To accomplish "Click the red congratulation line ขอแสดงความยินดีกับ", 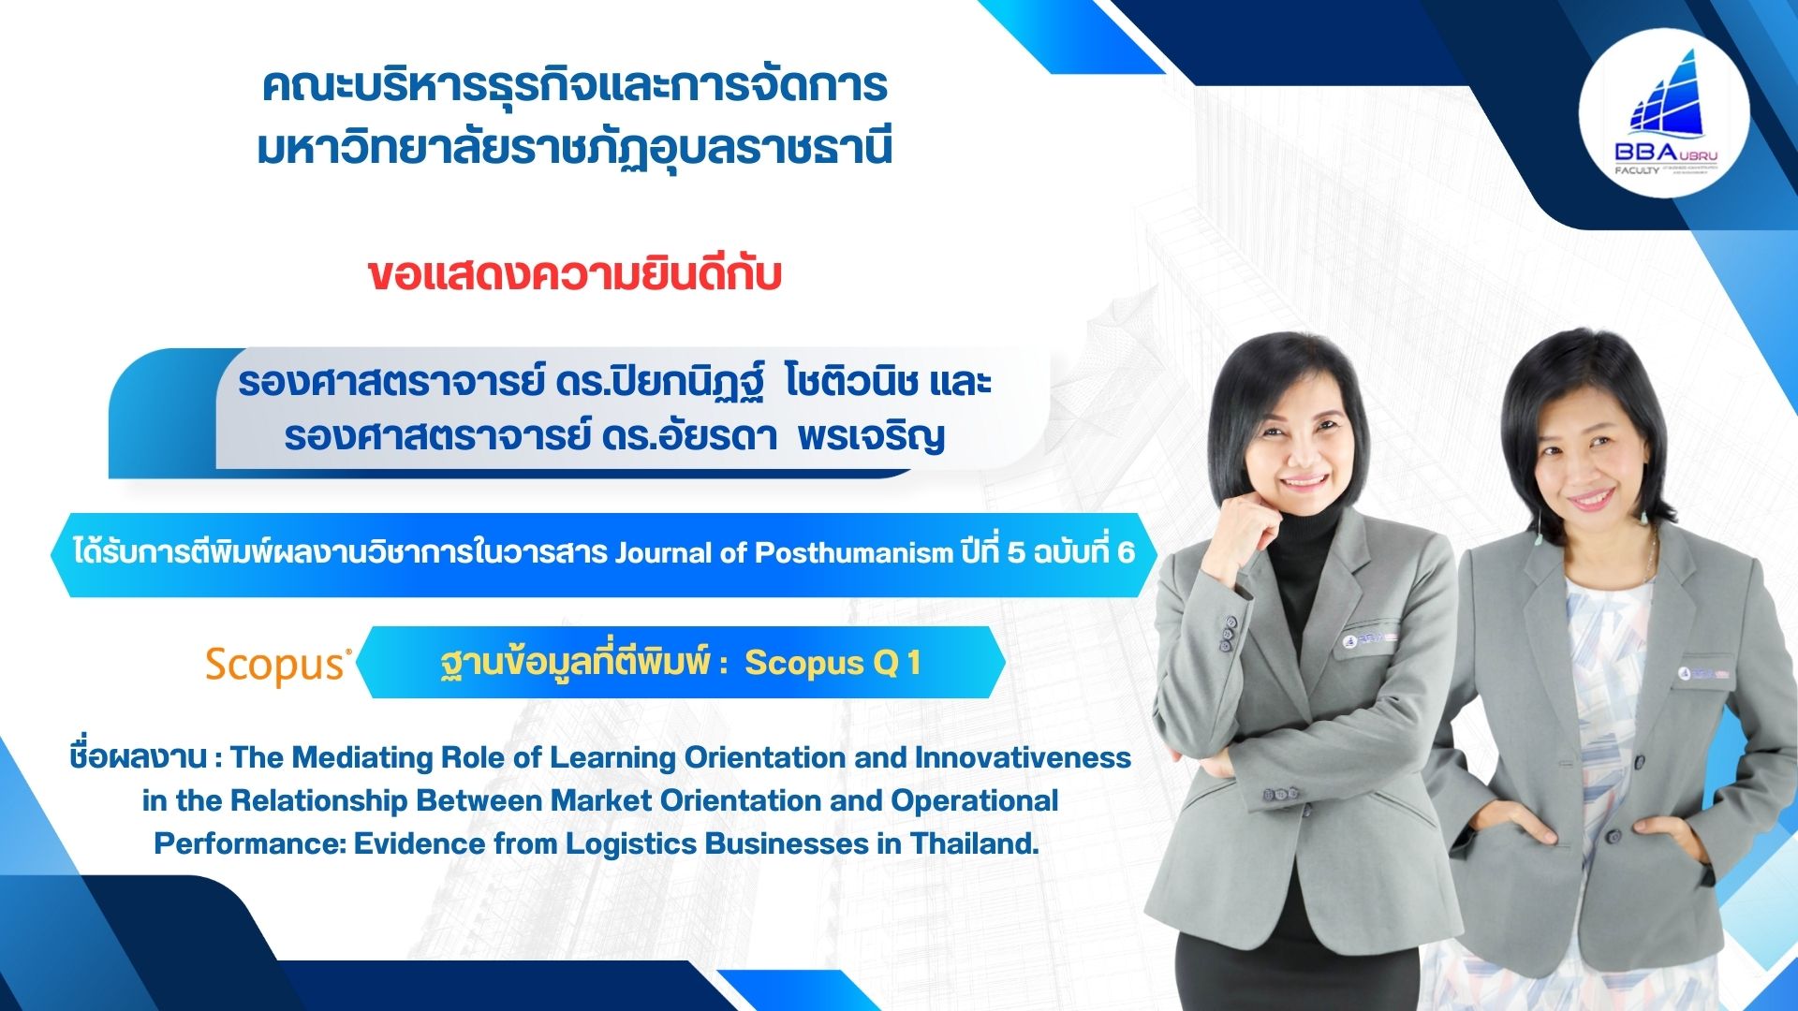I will pos(574,276).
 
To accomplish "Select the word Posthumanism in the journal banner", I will pos(853,553).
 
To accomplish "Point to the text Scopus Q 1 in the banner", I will pos(833,663).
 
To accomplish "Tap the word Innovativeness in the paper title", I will pos(1023,756).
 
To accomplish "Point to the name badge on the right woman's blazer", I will pos(1702,671).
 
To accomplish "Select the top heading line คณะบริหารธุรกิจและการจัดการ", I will pos(574,86).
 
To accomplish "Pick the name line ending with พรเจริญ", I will pos(614,437).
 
